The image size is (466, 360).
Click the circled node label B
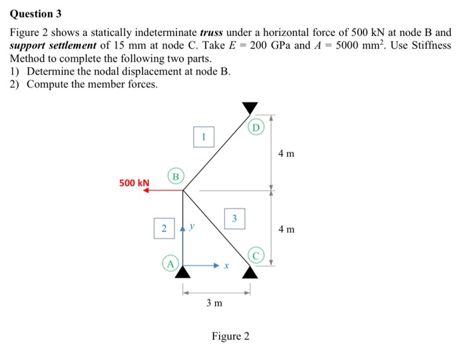coord(176,176)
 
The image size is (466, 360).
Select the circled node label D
coord(257,126)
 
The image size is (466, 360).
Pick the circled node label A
coord(170,264)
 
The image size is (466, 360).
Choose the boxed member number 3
coord(234,218)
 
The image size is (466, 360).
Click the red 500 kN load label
coord(134,182)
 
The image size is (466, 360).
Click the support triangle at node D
coord(250,107)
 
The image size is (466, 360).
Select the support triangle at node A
coord(183,271)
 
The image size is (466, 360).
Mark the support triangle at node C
coord(250,271)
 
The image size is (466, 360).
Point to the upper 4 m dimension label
coord(286,154)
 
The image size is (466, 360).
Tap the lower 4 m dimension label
coord(286,230)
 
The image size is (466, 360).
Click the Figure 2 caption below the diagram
coord(230,336)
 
